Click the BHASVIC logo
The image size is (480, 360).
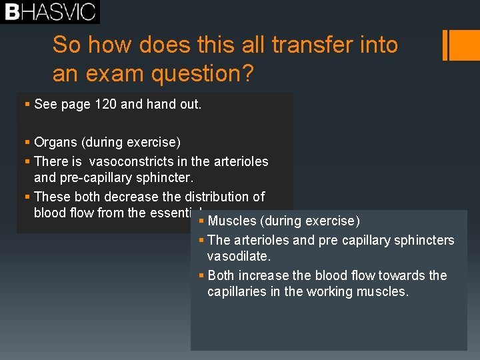(50, 12)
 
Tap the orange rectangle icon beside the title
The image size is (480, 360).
(459, 45)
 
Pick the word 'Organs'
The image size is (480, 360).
(54, 142)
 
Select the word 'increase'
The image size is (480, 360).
(265, 275)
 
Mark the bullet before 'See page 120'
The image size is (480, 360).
(26, 105)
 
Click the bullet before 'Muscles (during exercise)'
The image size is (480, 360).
(201, 221)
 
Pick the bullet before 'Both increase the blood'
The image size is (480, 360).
(201, 275)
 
